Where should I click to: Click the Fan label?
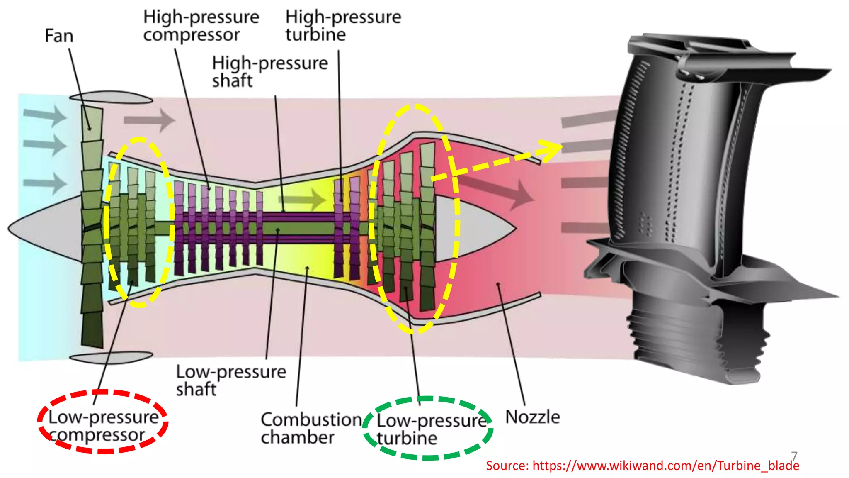(59, 36)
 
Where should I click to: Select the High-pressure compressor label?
(201, 26)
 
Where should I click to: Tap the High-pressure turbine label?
(343, 26)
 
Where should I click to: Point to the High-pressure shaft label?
(270, 71)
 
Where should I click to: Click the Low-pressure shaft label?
(231, 380)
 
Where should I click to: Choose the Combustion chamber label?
(311, 428)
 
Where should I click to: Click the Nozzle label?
(533, 417)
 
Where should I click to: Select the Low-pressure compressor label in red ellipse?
(103, 426)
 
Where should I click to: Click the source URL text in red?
(643, 466)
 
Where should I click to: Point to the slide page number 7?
(794, 456)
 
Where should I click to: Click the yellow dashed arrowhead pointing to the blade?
(551, 149)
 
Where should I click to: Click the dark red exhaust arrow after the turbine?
(497, 189)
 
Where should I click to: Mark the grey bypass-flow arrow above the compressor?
(149, 120)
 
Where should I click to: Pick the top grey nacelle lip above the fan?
(111, 98)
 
